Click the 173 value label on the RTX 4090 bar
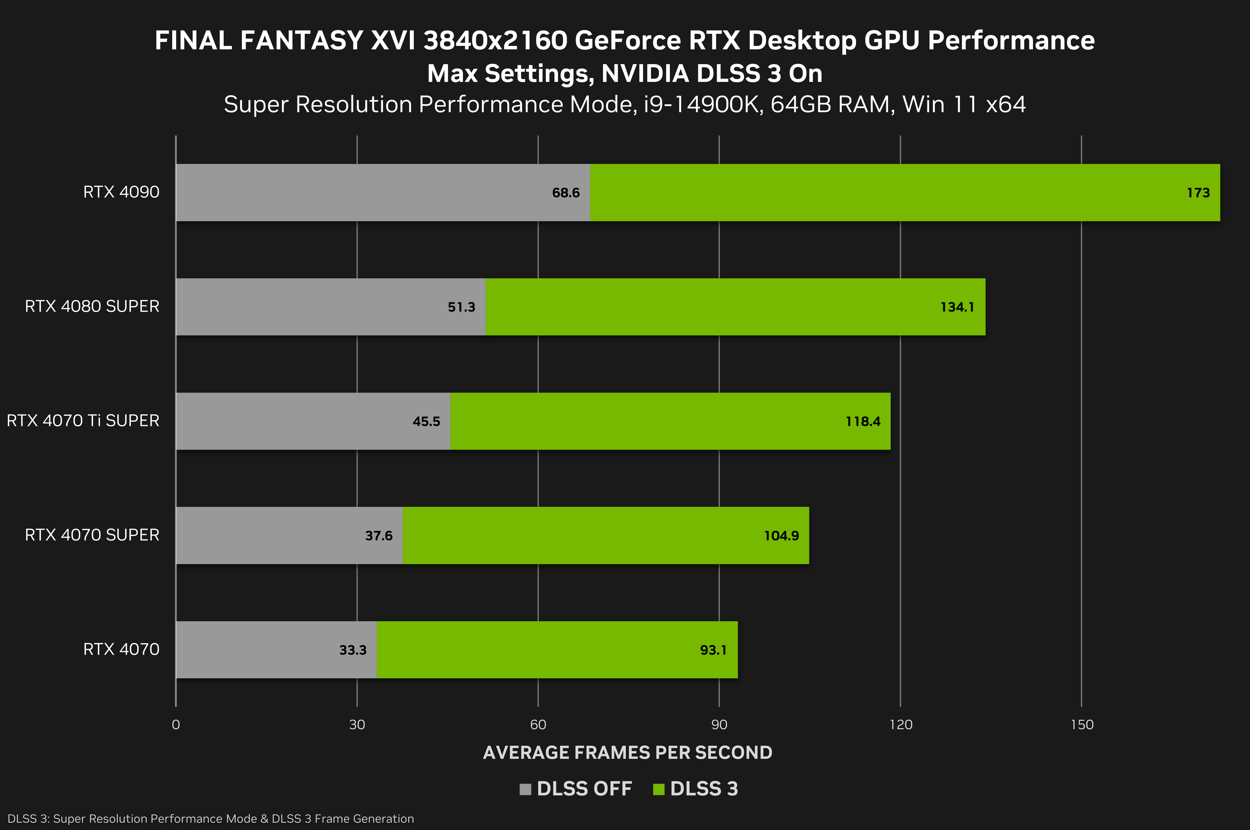(x=1198, y=193)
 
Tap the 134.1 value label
(x=957, y=307)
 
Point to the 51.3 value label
(x=461, y=307)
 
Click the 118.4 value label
(x=862, y=421)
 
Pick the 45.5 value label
(x=426, y=421)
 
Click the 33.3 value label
(x=353, y=650)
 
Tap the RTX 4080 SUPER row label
(x=92, y=306)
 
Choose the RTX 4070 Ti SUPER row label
(x=83, y=421)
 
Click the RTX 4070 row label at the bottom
(x=121, y=650)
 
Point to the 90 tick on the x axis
(x=719, y=725)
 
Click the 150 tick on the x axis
(x=1082, y=725)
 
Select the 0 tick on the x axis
(x=176, y=725)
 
